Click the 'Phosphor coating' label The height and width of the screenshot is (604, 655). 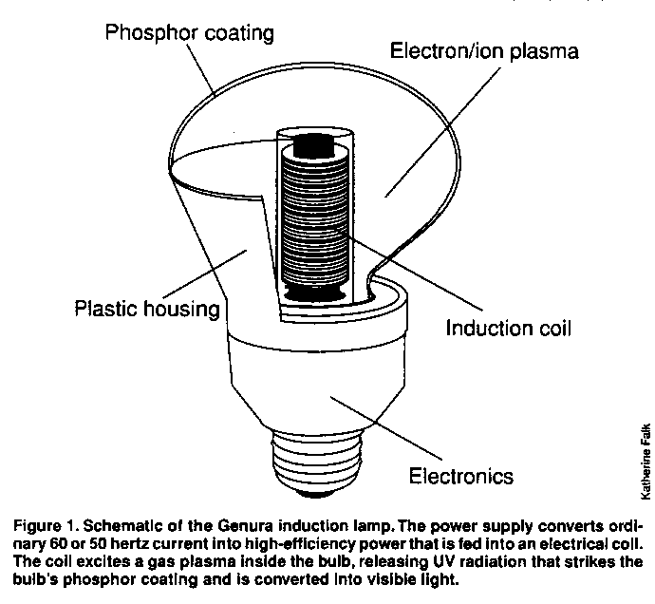tap(190, 33)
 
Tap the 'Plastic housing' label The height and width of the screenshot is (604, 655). tap(147, 310)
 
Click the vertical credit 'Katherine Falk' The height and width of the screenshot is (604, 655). tap(646, 460)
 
